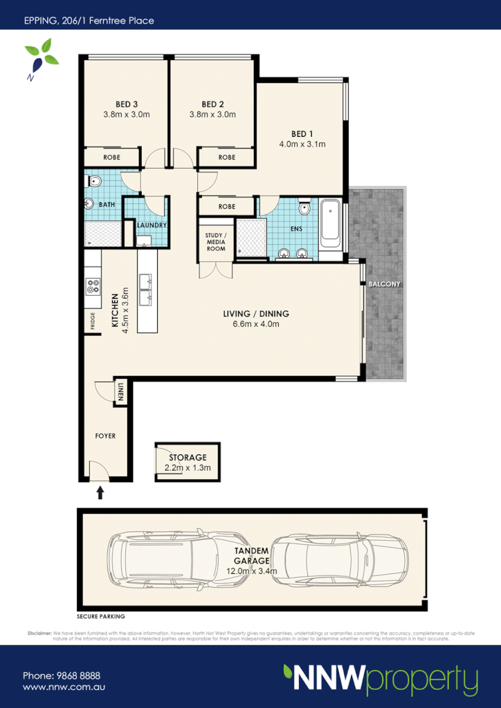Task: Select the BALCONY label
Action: [385, 284]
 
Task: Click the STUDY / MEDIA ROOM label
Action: [215, 242]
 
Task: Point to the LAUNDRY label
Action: [149, 225]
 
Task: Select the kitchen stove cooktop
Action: [93, 292]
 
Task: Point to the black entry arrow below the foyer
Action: [100, 492]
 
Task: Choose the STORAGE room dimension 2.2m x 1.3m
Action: [187, 468]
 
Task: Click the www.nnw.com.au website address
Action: [64, 688]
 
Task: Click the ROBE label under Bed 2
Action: [226, 158]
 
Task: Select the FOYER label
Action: [105, 436]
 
